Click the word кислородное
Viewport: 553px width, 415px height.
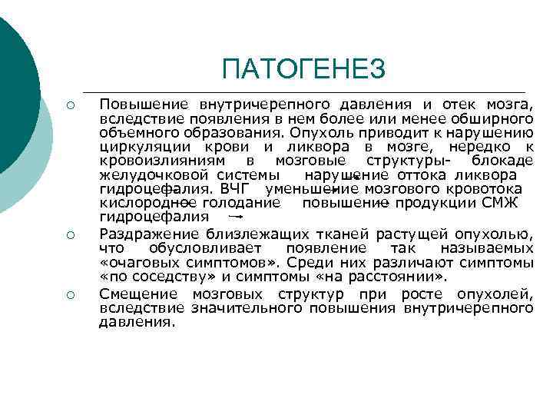[x=146, y=203]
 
